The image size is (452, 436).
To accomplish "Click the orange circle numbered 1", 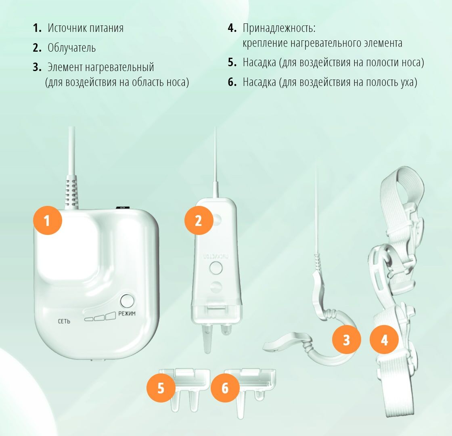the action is pyautogui.click(x=48, y=220).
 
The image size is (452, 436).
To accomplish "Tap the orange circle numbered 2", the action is pyautogui.click(x=199, y=220).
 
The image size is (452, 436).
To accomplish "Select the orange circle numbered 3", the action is pyautogui.click(x=347, y=340).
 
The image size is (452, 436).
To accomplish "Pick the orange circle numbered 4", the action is pyautogui.click(x=384, y=340).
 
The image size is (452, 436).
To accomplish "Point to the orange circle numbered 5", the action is pyautogui.click(x=161, y=388).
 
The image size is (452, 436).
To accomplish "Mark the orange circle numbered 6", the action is pyautogui.click(x=225, y=388).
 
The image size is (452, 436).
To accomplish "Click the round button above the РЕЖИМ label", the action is pyautogui.click(x=127, y=301).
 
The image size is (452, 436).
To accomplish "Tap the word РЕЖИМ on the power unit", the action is pyautogui.click(x=127, y=313).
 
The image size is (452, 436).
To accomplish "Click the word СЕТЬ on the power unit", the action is pyautogui.click(x=64, y=321).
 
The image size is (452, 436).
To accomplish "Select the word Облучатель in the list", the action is pyautogui.click(x=71, y=48).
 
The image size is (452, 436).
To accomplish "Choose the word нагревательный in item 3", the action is pyautogui.click(x=119, y=67).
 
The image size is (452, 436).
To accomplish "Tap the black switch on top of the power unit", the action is pyautogui.click(x=123, y=208).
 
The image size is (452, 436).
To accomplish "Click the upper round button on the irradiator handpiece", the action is pyautogui.click(x=216, y=268).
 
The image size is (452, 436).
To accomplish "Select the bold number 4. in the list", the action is pyautogui.click(x=232, y=28).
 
